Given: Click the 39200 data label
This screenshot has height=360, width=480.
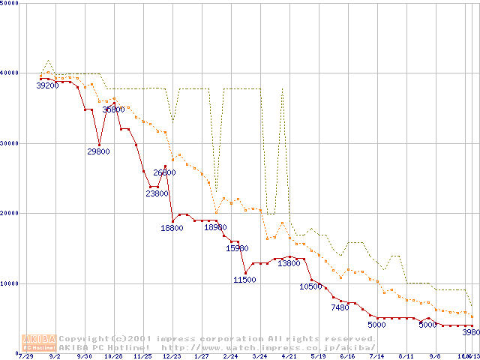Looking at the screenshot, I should click(47, 85).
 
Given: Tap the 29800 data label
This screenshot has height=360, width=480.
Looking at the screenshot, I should click(99, 151).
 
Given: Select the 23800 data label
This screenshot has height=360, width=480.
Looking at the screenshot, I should click(157, 193).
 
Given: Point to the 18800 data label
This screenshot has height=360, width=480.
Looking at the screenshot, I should click(172, 228).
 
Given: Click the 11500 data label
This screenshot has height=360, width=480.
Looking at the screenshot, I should click(244, 279).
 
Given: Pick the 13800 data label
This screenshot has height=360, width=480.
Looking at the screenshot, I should click(289, 263).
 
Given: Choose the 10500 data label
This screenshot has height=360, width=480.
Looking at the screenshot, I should click(311, 286).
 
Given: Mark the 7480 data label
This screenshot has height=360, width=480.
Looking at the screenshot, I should click(340, 307).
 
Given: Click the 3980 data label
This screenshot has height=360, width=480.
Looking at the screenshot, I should click(470, 332).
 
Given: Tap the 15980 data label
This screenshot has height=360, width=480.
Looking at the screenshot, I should click(237, 247).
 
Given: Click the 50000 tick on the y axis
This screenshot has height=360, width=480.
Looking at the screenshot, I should click(9, 4).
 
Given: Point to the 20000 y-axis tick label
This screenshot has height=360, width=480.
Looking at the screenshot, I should click(9, 213).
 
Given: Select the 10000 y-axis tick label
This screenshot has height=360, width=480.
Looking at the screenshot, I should click(9, 283).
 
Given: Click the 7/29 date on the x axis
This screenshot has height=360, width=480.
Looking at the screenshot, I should click(25, 356).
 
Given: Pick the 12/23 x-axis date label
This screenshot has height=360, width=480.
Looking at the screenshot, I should click(172, 356).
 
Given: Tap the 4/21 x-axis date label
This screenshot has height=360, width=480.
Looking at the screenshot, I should click(289, 356).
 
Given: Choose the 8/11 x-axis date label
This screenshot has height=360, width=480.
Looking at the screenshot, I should click(406, 356).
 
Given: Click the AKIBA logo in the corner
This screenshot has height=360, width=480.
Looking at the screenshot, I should click(39, 343).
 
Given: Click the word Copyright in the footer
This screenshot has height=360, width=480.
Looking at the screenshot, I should click(83, 339).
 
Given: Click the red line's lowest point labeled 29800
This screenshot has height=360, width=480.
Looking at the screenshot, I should click(99, 145).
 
